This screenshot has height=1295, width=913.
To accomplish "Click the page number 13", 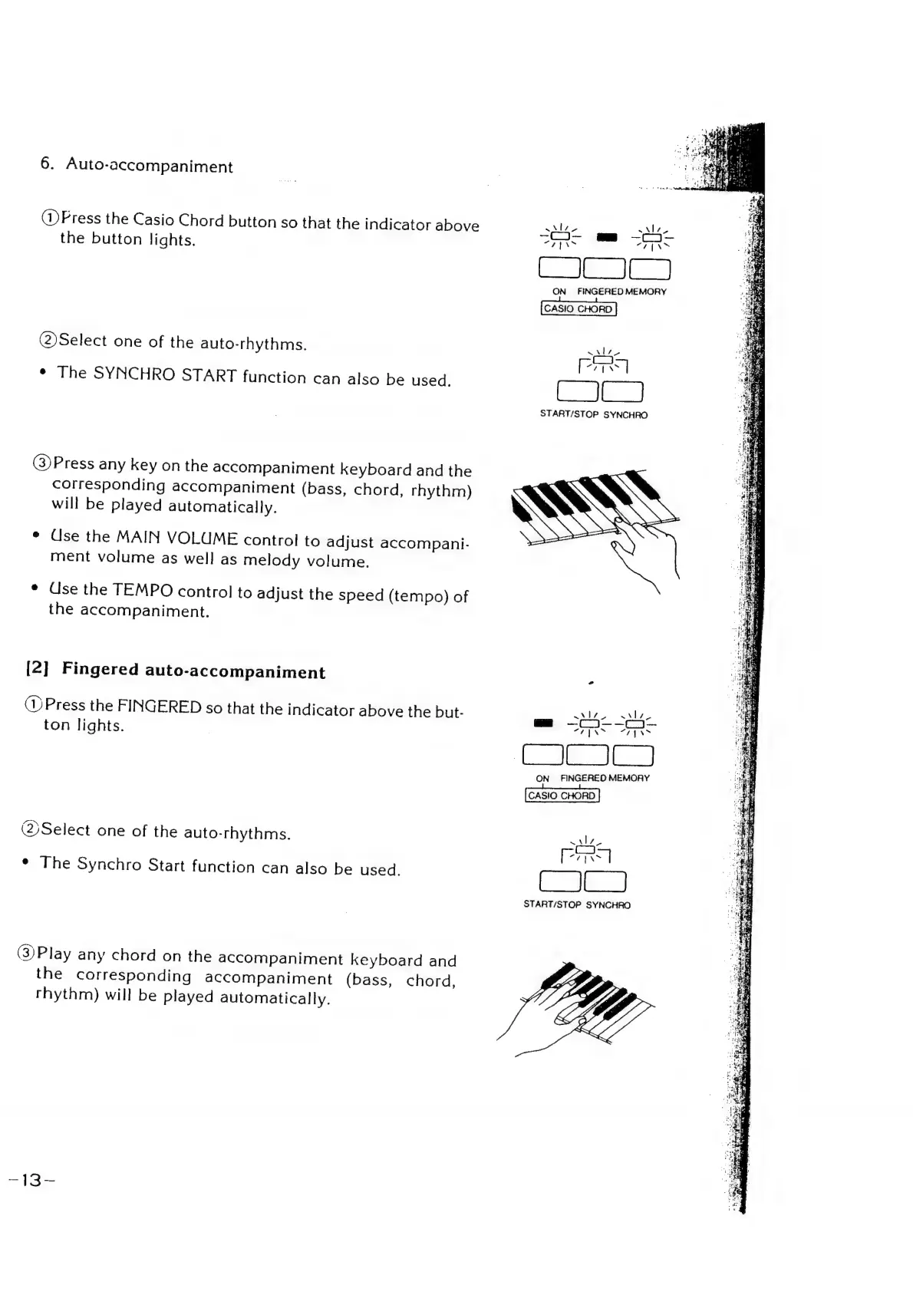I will (31, 1180).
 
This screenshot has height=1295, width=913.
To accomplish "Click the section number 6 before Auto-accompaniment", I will (46, 163).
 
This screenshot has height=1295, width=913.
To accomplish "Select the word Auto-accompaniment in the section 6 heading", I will (150, 165).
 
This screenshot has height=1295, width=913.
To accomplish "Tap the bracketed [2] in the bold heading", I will (38, 667).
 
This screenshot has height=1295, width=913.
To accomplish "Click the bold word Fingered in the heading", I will (101, 669).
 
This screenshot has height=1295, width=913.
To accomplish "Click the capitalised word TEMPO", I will (150, 590).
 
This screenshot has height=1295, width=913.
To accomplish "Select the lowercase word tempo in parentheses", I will (418, 595).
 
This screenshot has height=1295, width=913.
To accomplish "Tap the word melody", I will (272, 560).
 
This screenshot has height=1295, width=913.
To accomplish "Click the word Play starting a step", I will (54, 954).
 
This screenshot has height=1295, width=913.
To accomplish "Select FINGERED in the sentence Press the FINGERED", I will (160, 706).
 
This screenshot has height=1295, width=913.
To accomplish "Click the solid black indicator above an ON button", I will (543, 723).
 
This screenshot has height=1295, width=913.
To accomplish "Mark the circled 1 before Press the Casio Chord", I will (49, 218).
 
